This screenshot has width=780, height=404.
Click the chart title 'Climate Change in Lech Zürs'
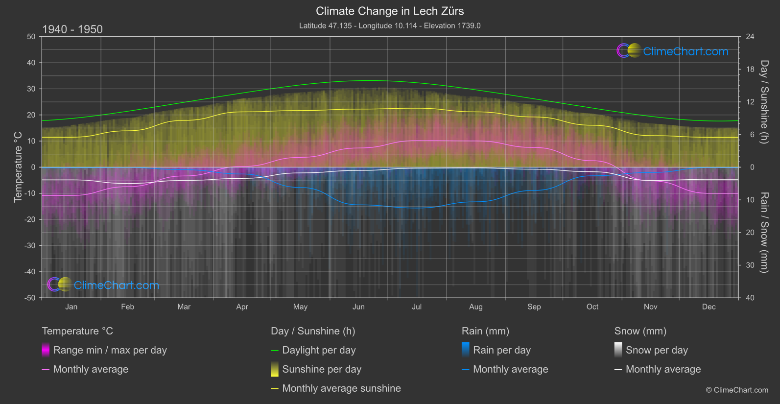pos(390,11)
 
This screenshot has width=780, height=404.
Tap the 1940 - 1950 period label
pos(72,29)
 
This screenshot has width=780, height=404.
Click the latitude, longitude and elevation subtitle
pos(390,25)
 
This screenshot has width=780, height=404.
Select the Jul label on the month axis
pos(417,307)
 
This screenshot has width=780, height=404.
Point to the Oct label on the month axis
pos(592,307)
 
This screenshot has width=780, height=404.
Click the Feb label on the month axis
pos(127,307)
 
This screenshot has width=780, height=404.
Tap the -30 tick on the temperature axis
pos(30,246)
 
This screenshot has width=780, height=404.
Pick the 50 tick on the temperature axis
pos(31,37)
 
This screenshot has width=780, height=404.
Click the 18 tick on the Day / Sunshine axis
pos(750,70)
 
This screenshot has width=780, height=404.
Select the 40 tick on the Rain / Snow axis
pos(750,298)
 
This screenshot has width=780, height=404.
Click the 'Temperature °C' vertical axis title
pos(18,167)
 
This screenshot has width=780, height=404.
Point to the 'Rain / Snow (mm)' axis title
pos(764,233)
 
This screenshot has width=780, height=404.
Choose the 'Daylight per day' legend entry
pos(319,350)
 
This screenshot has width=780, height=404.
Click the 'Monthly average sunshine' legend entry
pos(341,388)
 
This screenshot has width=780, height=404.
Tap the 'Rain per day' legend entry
pos(501,350)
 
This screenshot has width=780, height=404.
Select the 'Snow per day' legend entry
pos(657,350)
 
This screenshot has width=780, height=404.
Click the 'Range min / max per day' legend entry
pos(110,350)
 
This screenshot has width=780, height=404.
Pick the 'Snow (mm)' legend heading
pos(640,331)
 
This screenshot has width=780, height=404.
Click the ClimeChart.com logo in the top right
pos(672,51)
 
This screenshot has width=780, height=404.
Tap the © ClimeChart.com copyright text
pos(737,390)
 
